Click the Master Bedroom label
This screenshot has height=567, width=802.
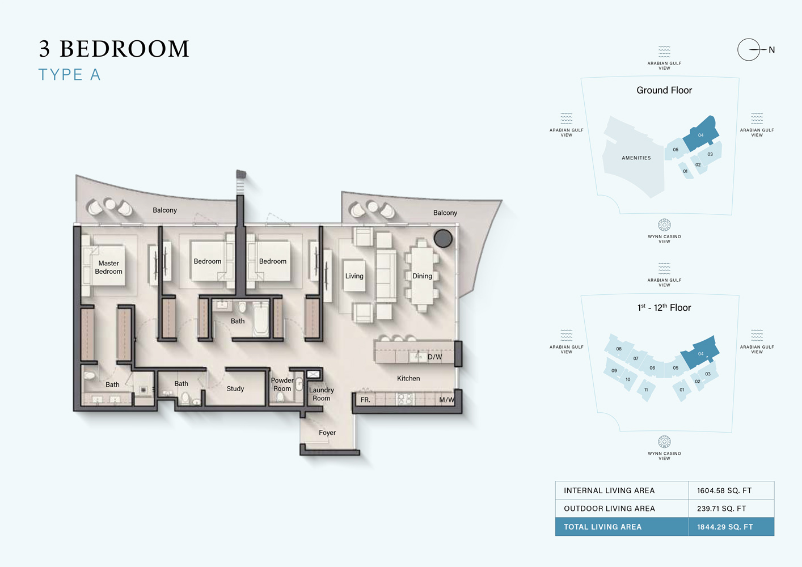click(x=108, y=267)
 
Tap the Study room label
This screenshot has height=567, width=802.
click(x=235, y=389)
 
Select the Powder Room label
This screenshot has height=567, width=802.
click(x=282, y=384)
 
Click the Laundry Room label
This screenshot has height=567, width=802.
click(x=321, y=394)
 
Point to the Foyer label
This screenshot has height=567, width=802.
click(x=327, y=433)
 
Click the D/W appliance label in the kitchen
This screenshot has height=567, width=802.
click(x=434, y=357)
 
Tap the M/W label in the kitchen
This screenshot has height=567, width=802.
click(x=446, y=400)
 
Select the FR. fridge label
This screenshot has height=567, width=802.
click(x=365, y=400)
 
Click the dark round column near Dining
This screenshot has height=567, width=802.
click(x=443, y=238)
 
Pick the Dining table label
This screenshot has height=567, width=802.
click(x=422, y=276)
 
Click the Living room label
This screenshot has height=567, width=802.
click(x=354, y=276)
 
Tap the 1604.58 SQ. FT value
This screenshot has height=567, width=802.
click(x=724, y=490)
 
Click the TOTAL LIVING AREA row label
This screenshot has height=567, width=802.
click(x=602, y=527)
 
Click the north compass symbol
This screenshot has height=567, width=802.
click(x=749, y=50)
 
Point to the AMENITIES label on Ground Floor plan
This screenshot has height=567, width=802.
click(x=636, y=158)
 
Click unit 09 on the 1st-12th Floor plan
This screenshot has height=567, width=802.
click(x=614, y=371)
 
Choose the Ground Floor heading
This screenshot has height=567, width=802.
click(x=664, y=90)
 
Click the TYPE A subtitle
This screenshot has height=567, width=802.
click(x=69, y=75)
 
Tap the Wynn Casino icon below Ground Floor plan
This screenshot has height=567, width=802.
click(x=664, y=225)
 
